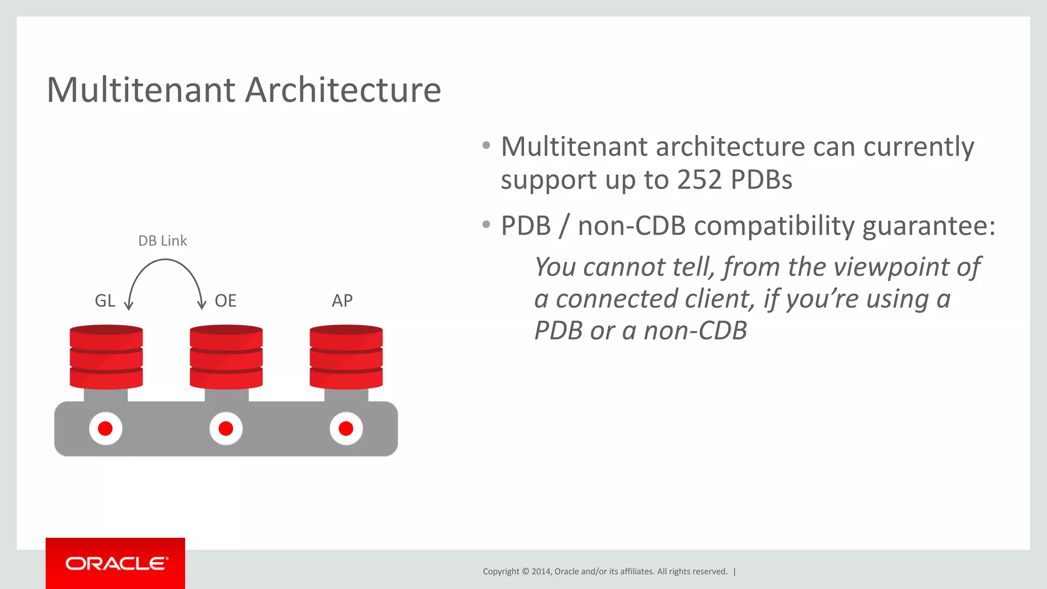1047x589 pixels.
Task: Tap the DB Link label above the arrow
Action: [163, 241]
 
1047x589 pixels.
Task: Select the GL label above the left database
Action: [105, 301]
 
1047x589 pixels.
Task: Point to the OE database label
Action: [225, 301]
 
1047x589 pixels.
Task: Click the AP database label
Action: [342, 301]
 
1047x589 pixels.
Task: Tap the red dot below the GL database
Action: [105, 428]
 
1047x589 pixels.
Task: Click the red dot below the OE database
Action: [226, 428]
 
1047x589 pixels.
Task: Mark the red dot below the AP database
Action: [346, 428]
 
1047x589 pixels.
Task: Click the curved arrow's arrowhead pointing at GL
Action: [129, 306]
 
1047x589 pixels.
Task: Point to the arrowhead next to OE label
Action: [201, 306]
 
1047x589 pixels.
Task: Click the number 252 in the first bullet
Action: [699, 180]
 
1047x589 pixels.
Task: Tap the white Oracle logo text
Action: [117, 563]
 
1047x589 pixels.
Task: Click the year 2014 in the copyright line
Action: [540, 572]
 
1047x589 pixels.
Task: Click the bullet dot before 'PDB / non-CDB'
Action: [486, 224]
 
